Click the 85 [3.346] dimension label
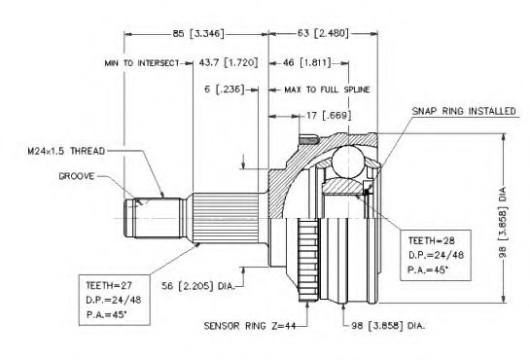pyautogui.click(x=198, y=33)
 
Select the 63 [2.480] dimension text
pyautogui.click(x=323, y=33)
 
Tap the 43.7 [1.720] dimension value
pyautogui.click(x=229, y=62)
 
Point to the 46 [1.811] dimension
pyautogui.click(x=306, y=62)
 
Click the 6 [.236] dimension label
pyautogui.click(x=224, y=90)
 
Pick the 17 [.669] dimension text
pyautogui.click(x=329, y=116)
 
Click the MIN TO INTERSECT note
pyautogui.click(x=142, y=63)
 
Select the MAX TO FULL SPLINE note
pyautogui.click(x=327, y=90)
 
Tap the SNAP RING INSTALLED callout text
pyautogui.click(x=464, y=111)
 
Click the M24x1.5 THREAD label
pyautogui.click(x=66, y=151)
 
